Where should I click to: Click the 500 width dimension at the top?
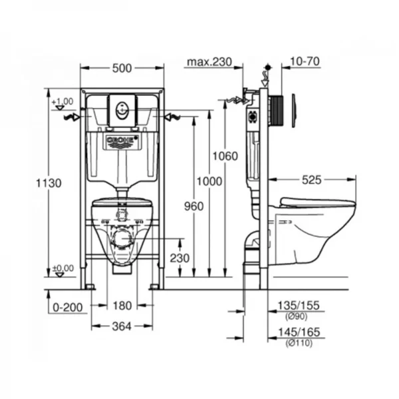[x=122, y=67]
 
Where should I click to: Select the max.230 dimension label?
[x=209, y=62]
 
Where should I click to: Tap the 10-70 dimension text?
[x=305, y=62]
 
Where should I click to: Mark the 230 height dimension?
[x=179, y=257]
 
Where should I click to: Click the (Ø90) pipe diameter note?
[x=299, y=316]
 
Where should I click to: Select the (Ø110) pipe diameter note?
[x=299, y=342]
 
